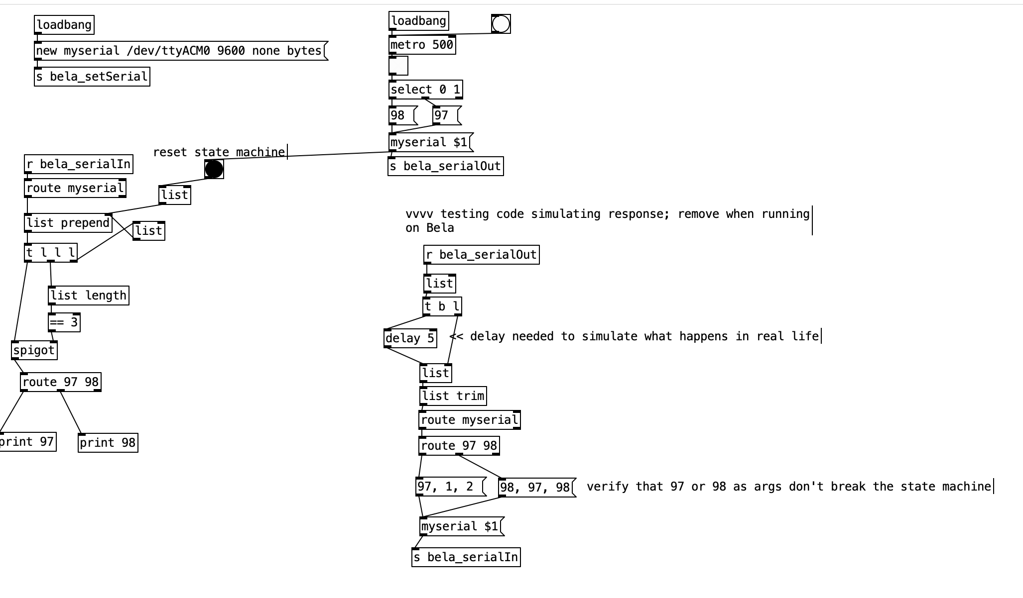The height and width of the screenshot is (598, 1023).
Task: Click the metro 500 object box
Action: [422, 45]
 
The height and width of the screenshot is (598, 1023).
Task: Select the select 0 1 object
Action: [425, 90]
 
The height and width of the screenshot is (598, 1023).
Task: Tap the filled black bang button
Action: [214, 169]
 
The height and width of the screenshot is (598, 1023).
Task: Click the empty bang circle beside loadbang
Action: [501, 23]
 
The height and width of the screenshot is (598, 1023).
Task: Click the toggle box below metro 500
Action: [398, 66]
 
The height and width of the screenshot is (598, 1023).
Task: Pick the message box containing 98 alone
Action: [402, 115]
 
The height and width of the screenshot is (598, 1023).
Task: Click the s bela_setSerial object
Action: [92, 77]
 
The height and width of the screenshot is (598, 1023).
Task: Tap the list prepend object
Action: [68, 223]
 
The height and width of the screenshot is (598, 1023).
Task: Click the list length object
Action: [89, 296]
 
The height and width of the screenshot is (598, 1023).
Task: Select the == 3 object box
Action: [64, 322]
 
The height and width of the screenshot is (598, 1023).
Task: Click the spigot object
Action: [34, 350]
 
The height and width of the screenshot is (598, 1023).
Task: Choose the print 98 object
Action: [108, 443]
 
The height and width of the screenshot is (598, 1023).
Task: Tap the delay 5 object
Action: [410, 338]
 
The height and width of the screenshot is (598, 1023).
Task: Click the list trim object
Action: [453, 396]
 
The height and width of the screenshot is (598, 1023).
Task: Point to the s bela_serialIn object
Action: [466, 557]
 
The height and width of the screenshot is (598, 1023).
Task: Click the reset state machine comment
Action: [219, 152]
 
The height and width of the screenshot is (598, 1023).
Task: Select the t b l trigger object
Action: [442, 306]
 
